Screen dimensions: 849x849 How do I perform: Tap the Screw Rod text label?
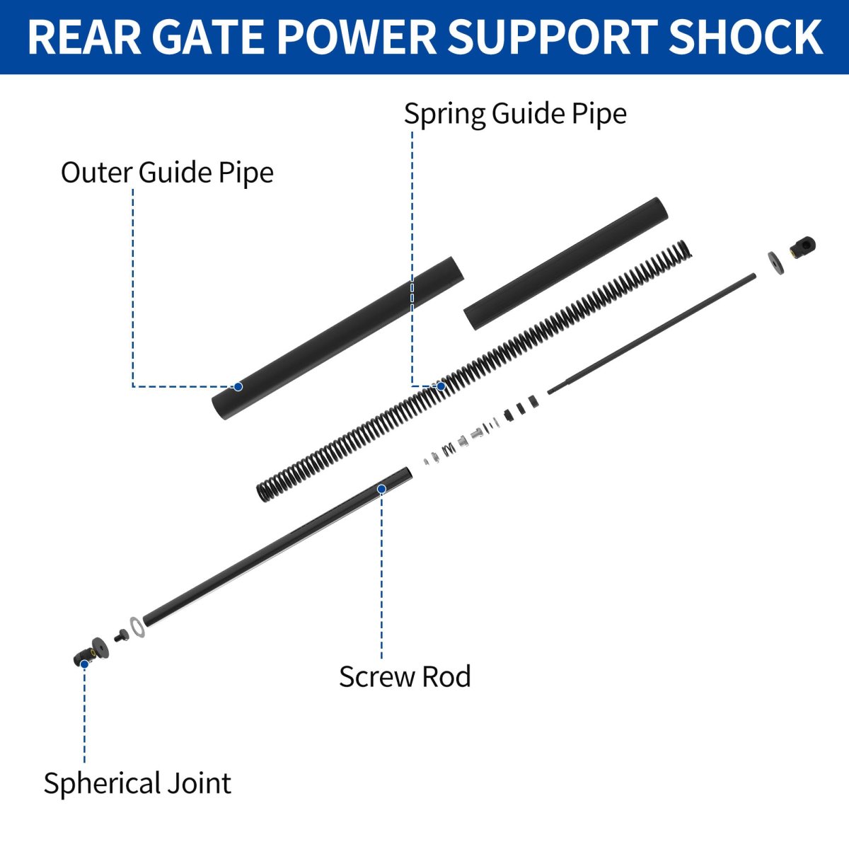click(x=405, y=677)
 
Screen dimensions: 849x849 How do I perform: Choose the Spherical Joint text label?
click(x=137, y=784)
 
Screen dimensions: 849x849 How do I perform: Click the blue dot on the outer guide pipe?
click(x=238, y=386)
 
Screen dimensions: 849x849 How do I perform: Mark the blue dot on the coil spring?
click(x=441, y=386)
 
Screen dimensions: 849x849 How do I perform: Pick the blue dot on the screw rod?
click(x=381, y=489)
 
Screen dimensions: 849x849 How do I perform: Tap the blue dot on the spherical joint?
click(x=84, y=664)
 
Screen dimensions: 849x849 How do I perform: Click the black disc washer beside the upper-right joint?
click(x=776, y=262)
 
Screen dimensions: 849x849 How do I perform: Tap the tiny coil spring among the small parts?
click(x=448, y=449)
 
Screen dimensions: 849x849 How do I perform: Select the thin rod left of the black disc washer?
click(x=651, y=333)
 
